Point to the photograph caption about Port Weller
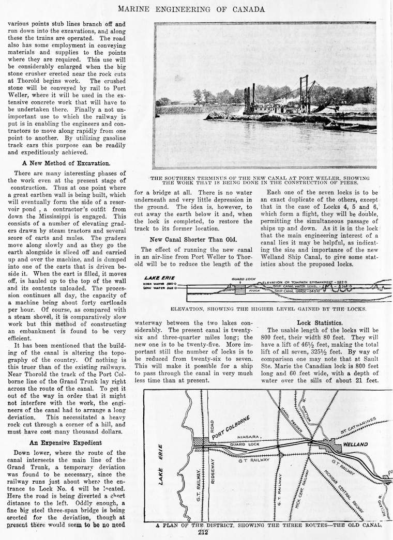click(267, 180)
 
